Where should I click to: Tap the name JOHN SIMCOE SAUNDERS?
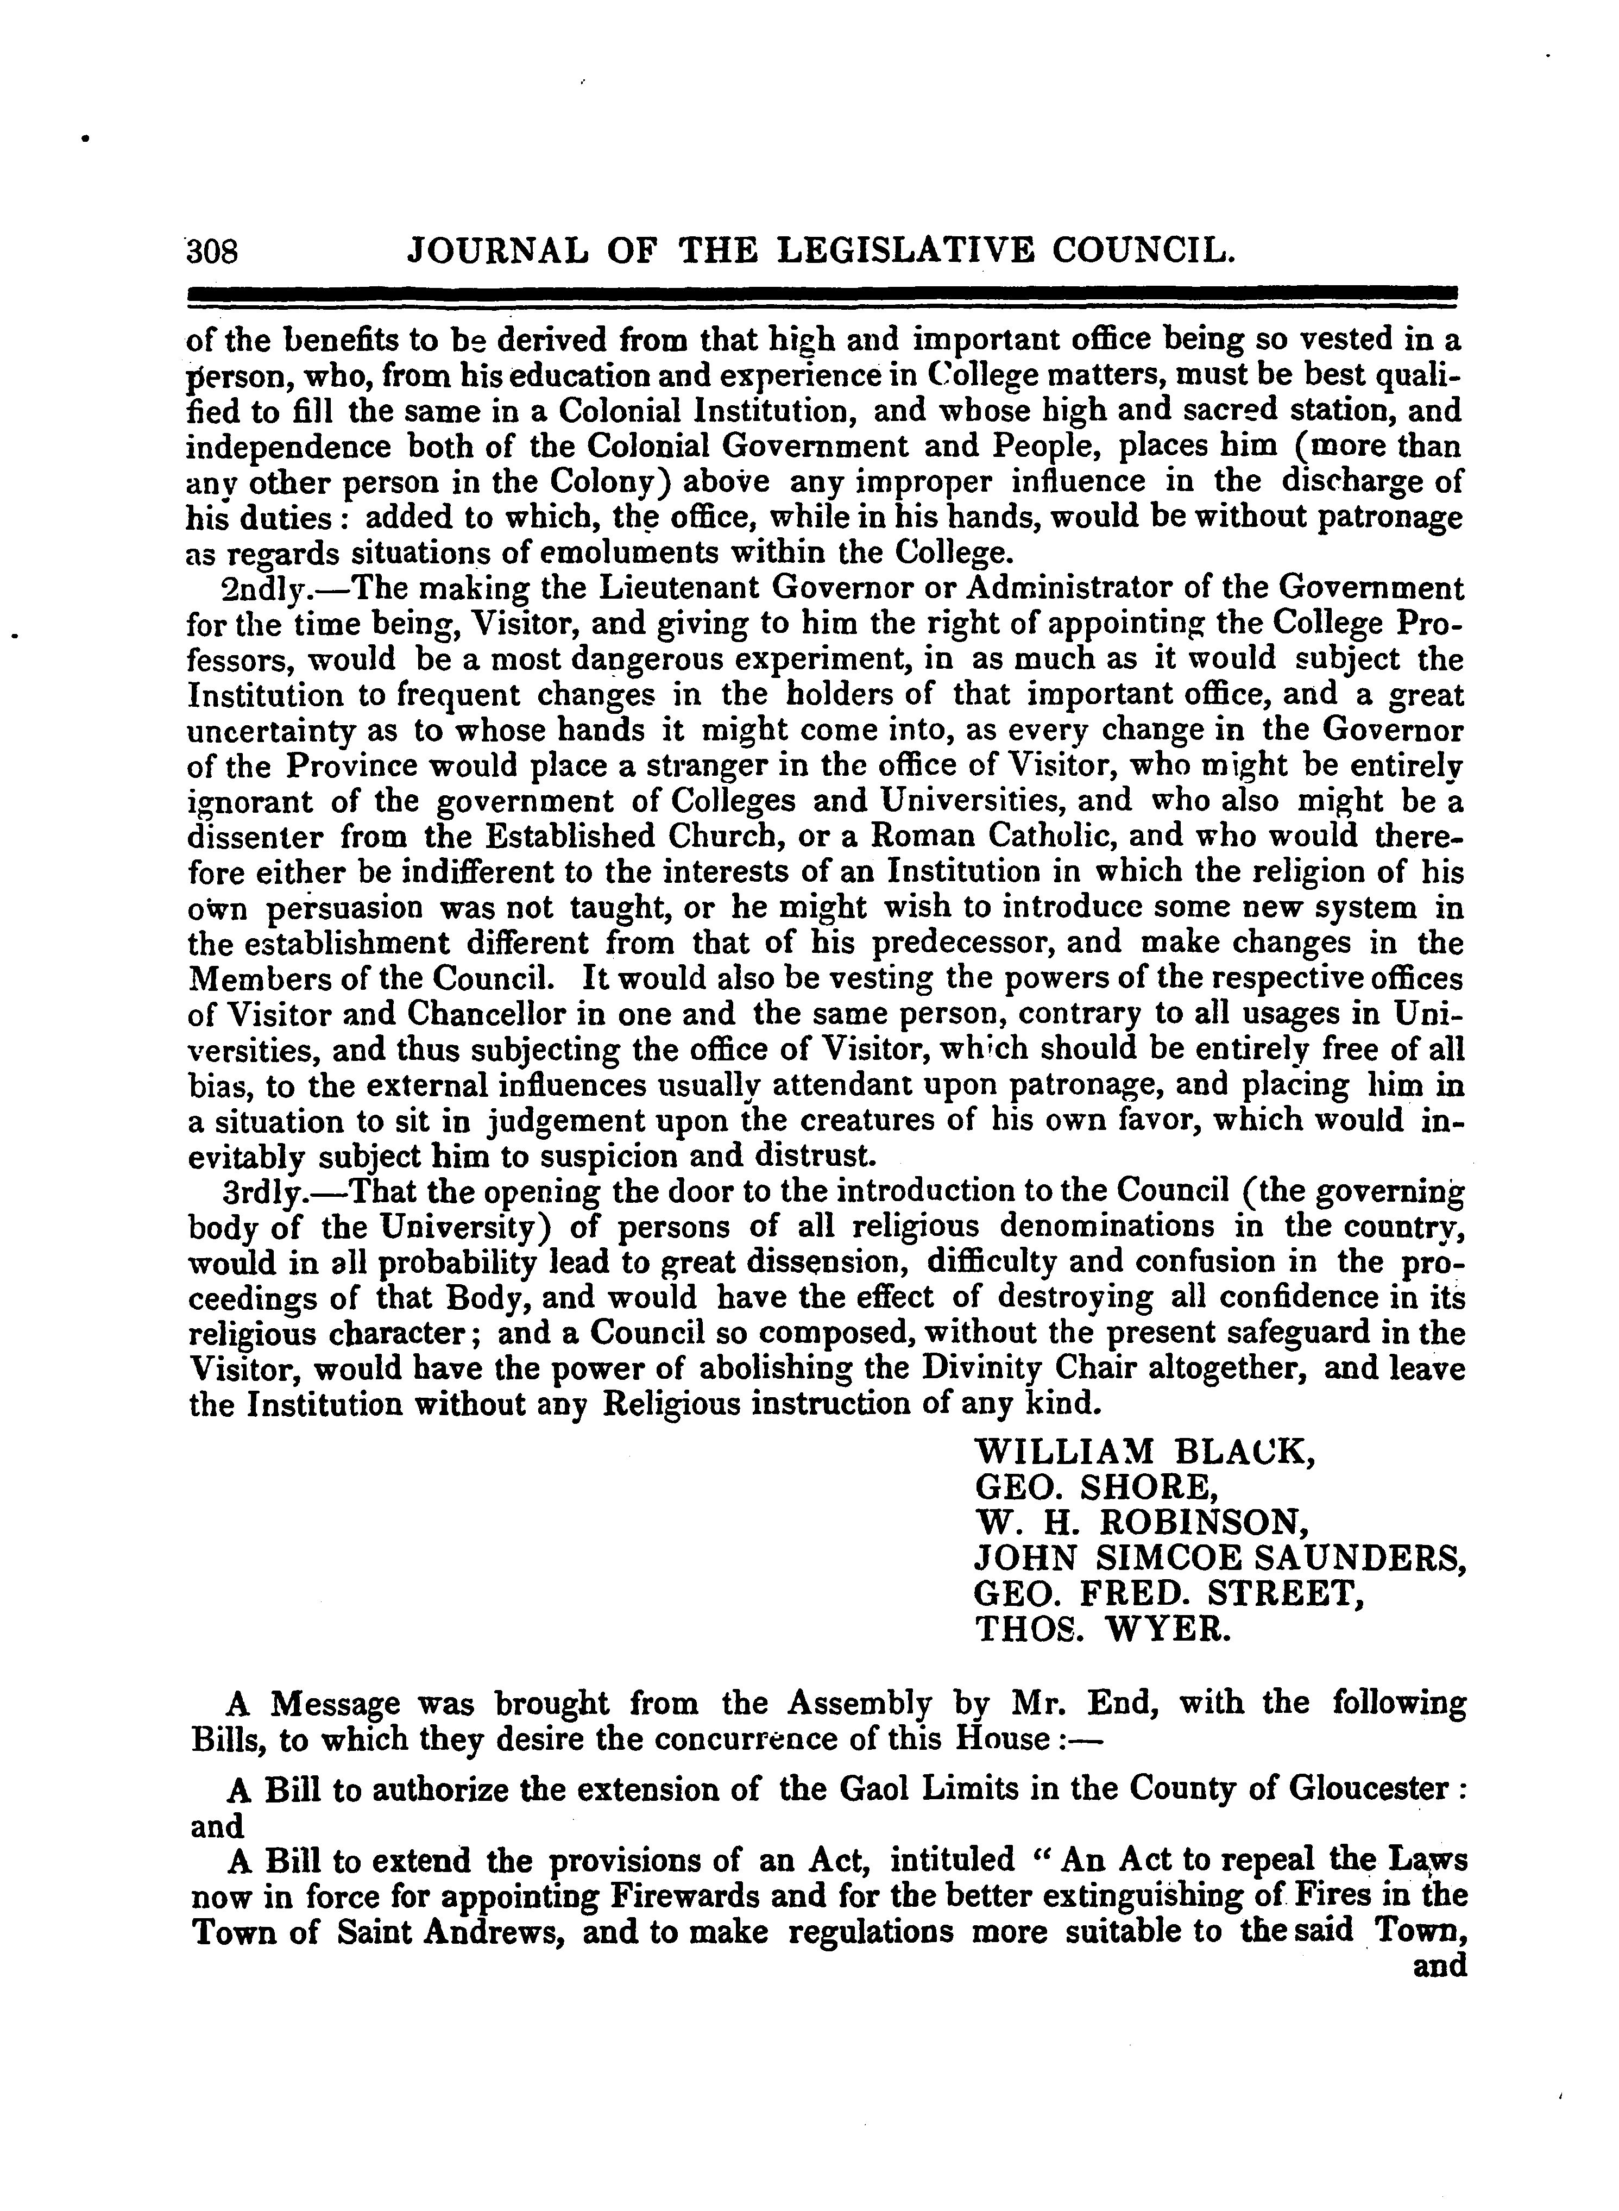click(1219, 1557)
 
